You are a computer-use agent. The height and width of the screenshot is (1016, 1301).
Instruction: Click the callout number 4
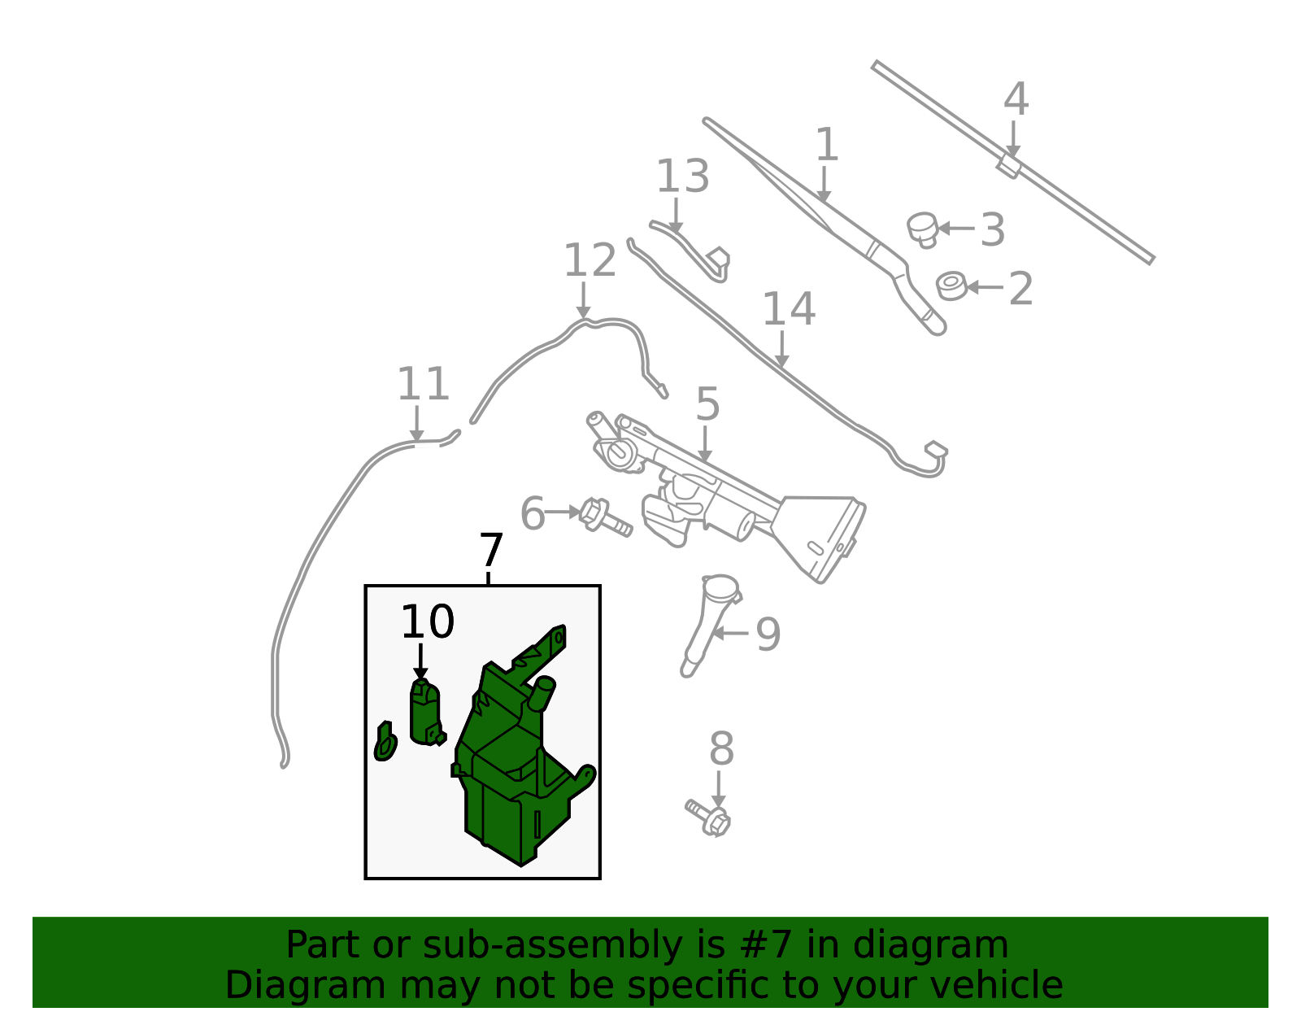(1016, 98)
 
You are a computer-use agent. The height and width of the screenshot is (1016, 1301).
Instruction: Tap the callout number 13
(682, 177)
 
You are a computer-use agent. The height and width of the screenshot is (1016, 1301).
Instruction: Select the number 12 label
(590, 260)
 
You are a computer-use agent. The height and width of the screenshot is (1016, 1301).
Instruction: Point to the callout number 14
(789, 310)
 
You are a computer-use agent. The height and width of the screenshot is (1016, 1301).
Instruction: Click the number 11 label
(424, 384)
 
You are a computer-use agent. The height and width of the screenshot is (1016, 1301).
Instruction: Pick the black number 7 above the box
(491, 550)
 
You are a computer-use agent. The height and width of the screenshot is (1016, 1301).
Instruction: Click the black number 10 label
(428, 621)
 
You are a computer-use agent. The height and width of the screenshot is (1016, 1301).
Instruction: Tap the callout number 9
(768, 634)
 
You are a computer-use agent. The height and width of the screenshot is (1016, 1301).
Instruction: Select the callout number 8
(721, 748)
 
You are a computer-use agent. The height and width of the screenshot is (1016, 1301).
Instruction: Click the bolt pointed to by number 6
(605, 517)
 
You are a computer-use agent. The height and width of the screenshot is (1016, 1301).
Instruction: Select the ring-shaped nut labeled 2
(951, 286)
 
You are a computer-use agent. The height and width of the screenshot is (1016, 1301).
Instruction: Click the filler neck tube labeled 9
(710, 625)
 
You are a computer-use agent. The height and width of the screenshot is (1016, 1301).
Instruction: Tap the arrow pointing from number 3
(956, 228)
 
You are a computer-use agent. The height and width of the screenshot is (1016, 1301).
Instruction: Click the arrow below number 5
(705, 443)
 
